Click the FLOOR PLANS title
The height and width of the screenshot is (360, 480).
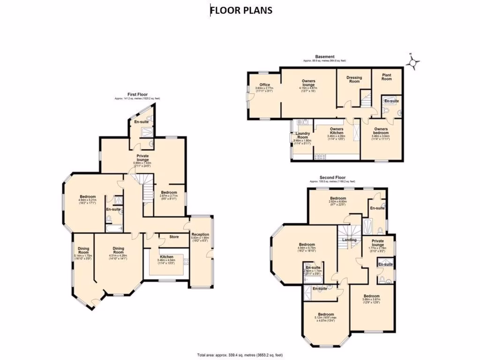(241, 10)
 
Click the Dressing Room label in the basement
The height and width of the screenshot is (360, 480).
(354, 79)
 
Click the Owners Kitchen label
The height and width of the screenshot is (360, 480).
(336, 131)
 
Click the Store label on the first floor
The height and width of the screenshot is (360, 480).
(174, 237)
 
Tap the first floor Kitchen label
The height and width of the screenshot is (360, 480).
(166, 257)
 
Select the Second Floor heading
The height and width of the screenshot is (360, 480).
(332, 178)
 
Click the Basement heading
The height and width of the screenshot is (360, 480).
(324, 57)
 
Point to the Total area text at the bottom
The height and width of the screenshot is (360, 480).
(240, 354)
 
